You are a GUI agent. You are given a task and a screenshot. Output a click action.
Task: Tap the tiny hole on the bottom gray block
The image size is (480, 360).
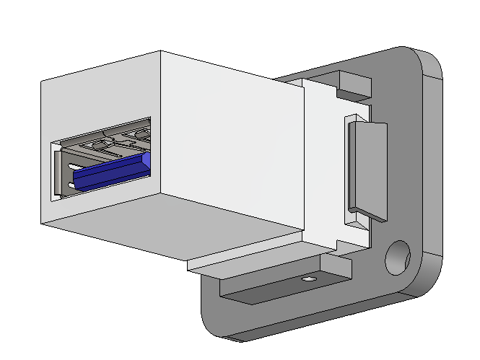tap(309, 278)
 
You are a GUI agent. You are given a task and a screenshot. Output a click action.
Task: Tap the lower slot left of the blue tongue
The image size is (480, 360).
tap(71, 185)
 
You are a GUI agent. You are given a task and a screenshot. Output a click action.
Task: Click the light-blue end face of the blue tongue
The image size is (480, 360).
tap(147, 162)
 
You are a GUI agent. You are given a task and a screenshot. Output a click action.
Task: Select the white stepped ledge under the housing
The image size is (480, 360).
tap(245, 256)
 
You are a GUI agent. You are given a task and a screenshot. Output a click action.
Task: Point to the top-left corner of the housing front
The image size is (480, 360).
tap(43, 80)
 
